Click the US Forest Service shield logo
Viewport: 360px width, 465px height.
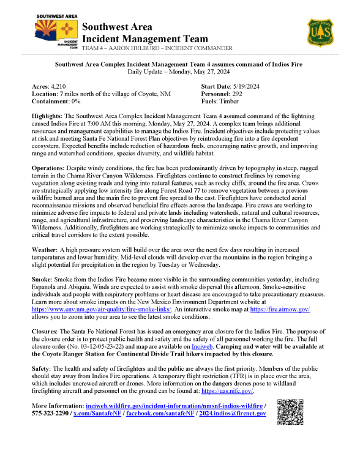[x=321, y=32]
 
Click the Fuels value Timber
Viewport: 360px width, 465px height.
[x=232, y=102]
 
